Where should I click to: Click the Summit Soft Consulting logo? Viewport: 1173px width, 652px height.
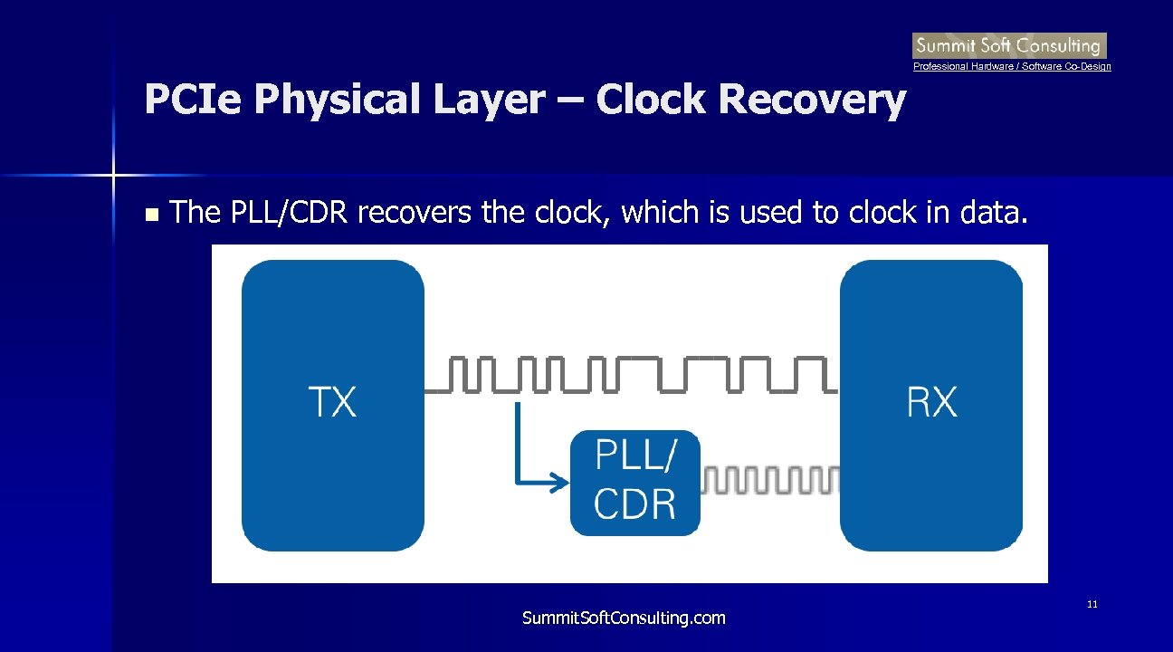point(1009,45)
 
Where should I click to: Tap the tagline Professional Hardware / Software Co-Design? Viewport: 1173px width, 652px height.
point(1012,67)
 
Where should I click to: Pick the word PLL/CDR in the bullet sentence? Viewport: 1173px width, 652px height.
point(288,214)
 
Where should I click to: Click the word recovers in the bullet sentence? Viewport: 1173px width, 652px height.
point(415,214)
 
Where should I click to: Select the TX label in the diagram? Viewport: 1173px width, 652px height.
point(333,401)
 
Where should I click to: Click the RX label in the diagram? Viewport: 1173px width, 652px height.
point(931,401)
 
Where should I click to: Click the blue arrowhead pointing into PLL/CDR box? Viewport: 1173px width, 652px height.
point(561,484)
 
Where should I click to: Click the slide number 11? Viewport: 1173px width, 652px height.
point(1092,604)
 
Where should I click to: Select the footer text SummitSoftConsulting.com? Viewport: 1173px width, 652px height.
point(624,618)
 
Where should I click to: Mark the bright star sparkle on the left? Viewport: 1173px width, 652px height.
point(114,173)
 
